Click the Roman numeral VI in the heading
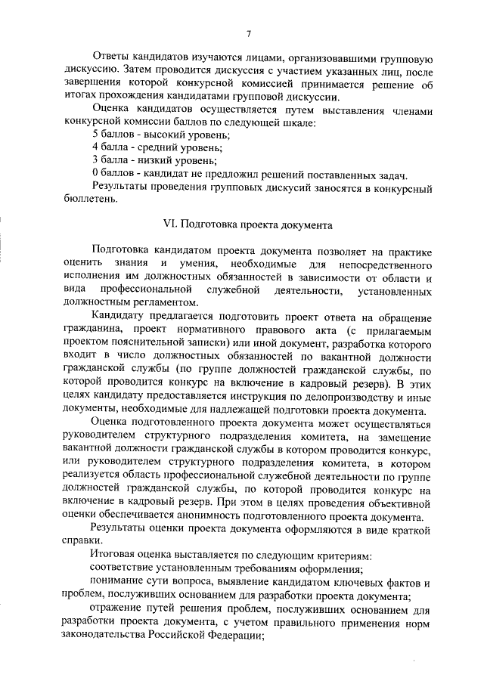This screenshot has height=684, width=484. point(170,225)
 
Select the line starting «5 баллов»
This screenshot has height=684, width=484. point(161,133)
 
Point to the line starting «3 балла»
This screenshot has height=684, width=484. point(154,159)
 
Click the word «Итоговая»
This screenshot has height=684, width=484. point(114,555)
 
